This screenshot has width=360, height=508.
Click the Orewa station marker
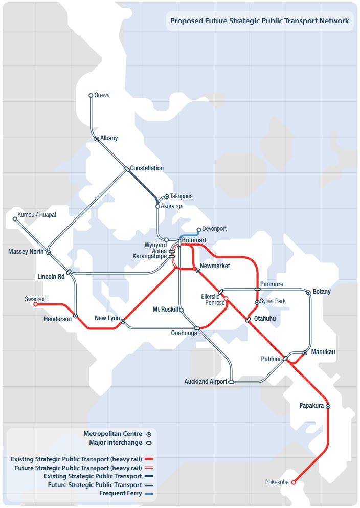(x=91, y=95)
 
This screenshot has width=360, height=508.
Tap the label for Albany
(x=109, y=138)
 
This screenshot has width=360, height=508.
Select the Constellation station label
(x=147, y=168)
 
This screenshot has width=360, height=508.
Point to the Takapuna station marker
(x=167, y=197)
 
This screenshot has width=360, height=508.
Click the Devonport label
(x=214, y=229)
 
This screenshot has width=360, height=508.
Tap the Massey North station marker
(x=49, y=253)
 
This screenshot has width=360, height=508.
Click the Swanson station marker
(x=36, y=304)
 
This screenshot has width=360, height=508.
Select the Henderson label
(x=57, y=319)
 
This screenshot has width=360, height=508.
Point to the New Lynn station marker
(x=123, y=321)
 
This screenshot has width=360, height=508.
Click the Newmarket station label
(x=215, y=266)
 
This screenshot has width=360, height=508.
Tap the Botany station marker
(x=308, y=293)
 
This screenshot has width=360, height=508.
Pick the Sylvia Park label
(x=273, y=301)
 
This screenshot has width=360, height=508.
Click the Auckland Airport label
(x=206, y=382)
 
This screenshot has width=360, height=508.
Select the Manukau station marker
(x=305, y=352)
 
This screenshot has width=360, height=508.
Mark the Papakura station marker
(x=328, y=407)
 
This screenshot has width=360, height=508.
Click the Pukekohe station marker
(x=294, y=482)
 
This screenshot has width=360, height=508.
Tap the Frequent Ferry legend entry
(x=121, y=494)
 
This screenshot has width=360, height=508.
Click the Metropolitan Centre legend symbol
(x=149, y=434)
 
